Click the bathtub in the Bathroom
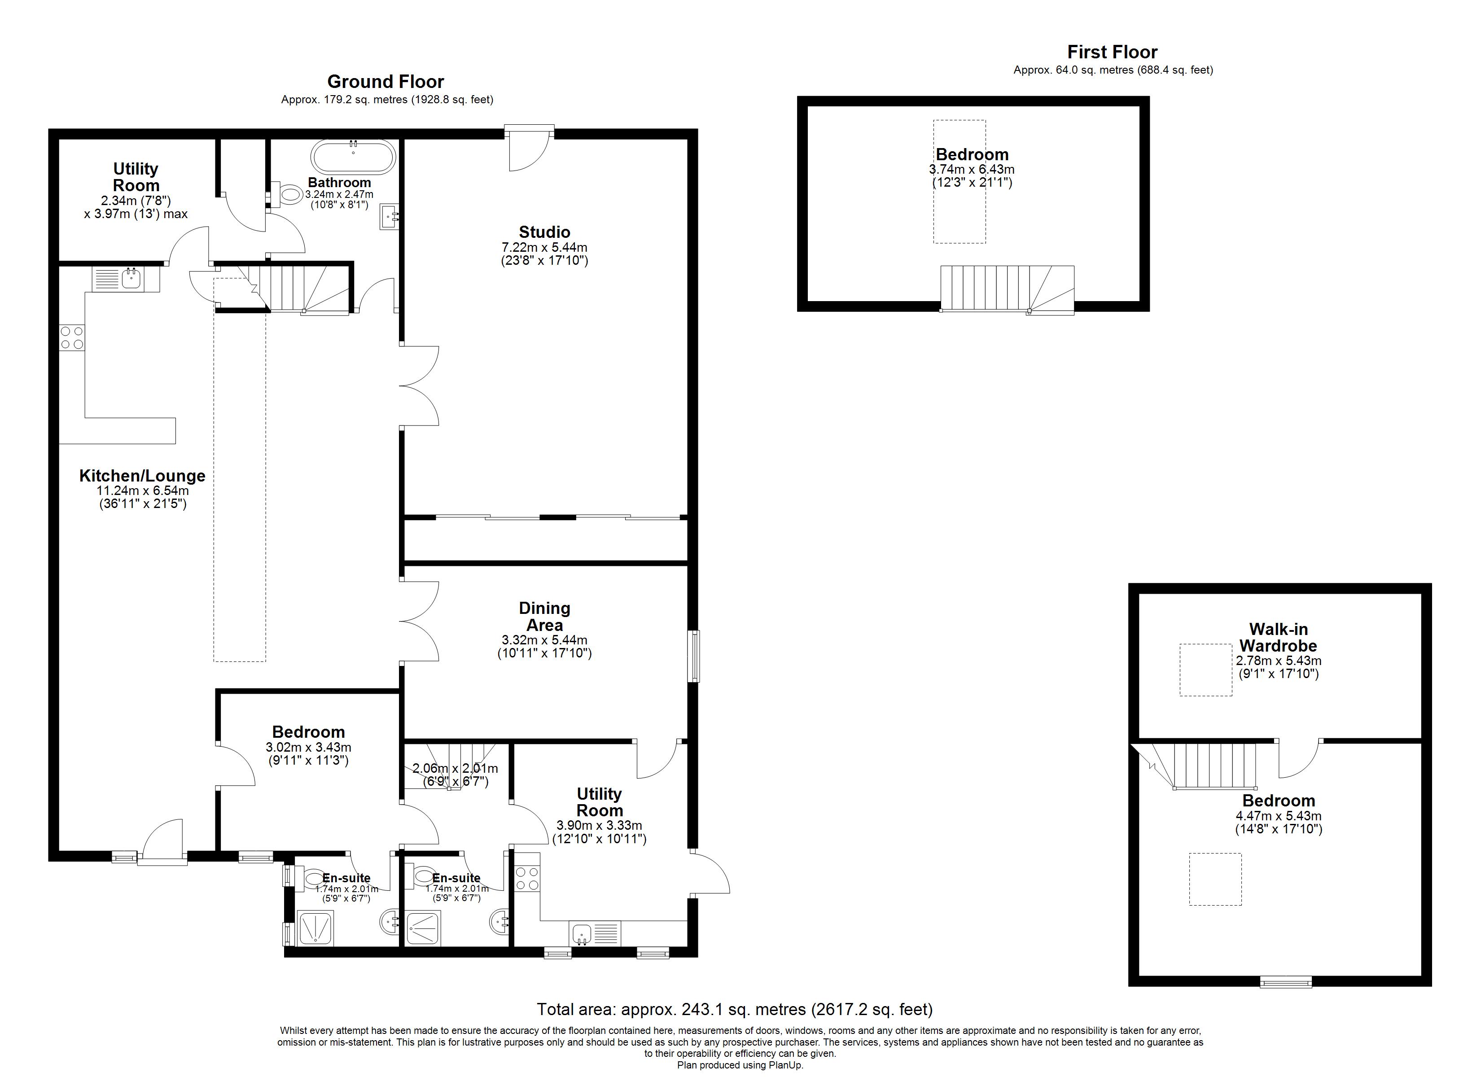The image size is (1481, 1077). [353, 156]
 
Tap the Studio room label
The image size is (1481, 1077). [544, 232]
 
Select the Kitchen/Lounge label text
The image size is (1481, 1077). [142, 476]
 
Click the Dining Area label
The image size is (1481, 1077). [544, 617]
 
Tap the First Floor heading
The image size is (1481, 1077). [1112, 52]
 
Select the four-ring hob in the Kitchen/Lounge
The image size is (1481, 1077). [72, 337]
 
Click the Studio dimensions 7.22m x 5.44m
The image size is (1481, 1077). [544, 248]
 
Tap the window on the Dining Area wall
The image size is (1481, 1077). [694, 656]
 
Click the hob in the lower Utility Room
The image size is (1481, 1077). [528, 878]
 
